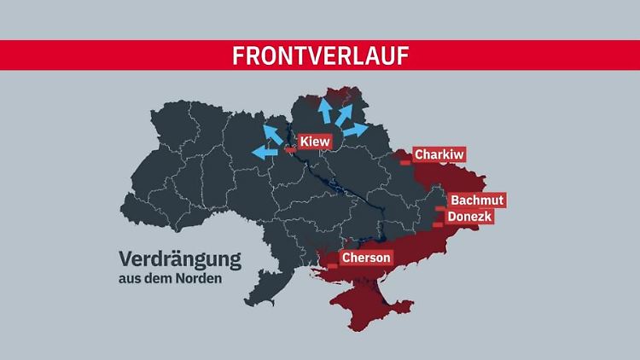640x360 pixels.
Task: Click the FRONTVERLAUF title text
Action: [x=320, y=55]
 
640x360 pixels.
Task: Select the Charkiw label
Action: [x=440, y=155]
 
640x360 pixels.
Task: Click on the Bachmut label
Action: [x=477, y=200]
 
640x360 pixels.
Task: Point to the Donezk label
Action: [x=470, y=217]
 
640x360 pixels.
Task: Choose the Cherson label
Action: [x=366, y=257]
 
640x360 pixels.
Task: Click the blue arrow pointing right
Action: [x=355, y=131]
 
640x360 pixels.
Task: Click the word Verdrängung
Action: [x=179, y=258]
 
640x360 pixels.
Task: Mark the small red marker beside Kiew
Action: [x=290, y=149]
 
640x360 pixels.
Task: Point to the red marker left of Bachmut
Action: [x=439, y=207]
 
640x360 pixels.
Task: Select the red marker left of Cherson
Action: [x=332, y=265]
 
